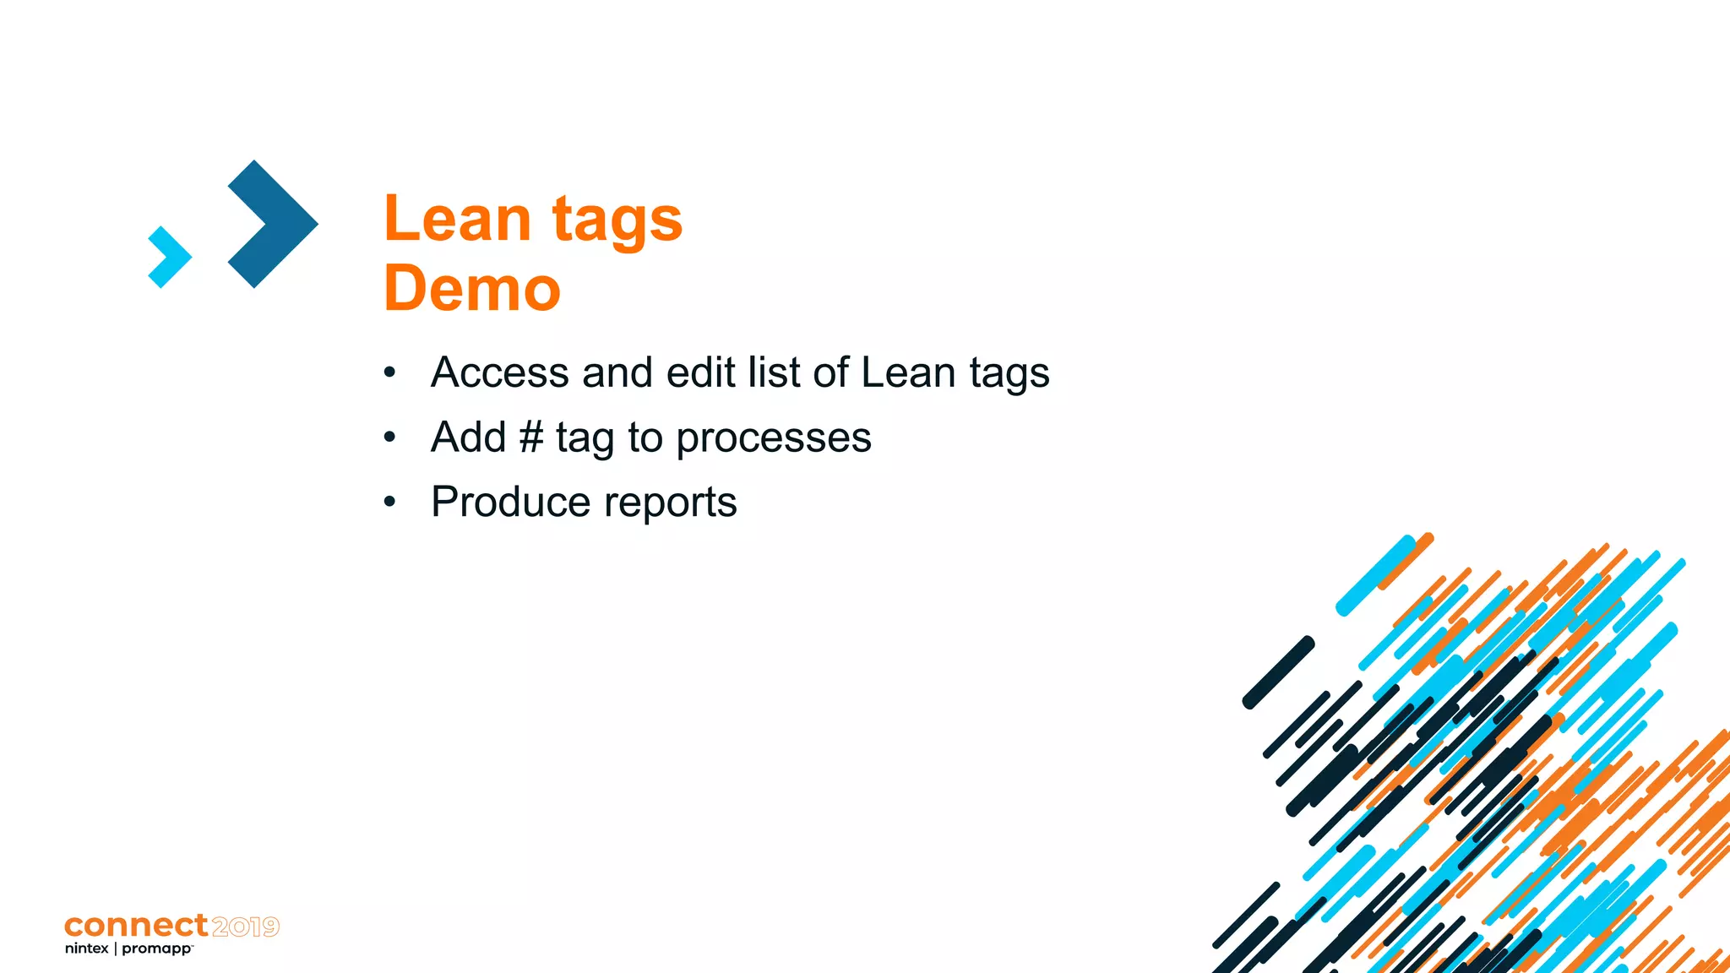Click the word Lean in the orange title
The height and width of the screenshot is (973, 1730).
point(457,219)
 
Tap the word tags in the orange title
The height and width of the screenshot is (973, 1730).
point(617,221)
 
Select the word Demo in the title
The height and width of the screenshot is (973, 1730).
point(472,289)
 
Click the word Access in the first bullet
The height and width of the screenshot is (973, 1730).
point(499,372)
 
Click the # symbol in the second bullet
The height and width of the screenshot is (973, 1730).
point(530,438)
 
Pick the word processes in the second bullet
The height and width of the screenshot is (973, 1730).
point(773,438)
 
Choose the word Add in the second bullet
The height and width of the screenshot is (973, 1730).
point(468,438)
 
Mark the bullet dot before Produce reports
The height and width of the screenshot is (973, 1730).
point(389,503)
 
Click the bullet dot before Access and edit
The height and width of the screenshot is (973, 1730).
point(389,372)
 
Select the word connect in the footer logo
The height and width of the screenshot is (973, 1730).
point(136,926)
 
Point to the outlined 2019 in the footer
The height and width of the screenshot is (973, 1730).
point(245,927)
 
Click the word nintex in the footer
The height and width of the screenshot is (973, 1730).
point(86,949)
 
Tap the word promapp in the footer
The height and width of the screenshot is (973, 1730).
point(157,949)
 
